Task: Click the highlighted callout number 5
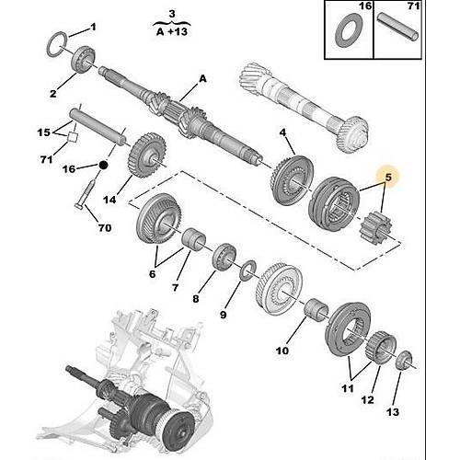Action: (388, 178)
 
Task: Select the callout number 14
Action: (109, 200)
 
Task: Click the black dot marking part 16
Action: (103, 166)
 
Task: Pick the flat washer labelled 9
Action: (248, 270)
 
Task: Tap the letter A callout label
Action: (202, 79)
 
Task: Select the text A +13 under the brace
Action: (172, 31)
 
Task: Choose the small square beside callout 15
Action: (72, 137)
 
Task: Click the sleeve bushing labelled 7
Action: (194, 240)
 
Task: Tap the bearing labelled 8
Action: (224, 257)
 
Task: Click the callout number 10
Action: (282, 351)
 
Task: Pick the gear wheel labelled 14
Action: (146, 155)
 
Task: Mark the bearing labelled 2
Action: (83, 61)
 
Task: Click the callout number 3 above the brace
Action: (172, 14)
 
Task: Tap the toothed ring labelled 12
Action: (381, 349)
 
